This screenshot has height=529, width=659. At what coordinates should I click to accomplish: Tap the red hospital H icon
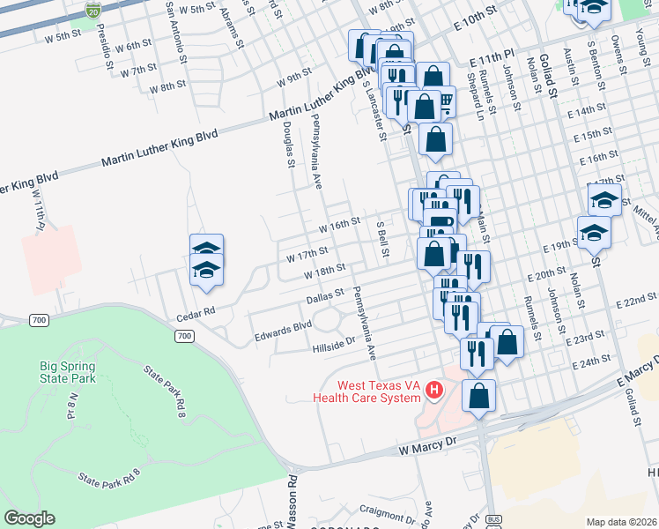click(x=433, y=389)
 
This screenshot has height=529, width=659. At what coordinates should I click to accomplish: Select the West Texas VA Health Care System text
click(x=367, y=391)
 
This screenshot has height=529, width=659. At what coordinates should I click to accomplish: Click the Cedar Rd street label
click(x=196, y=311)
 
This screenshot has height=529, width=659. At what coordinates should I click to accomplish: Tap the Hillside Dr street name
click(x=333, y=345)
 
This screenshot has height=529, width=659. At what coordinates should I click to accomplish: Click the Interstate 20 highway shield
click(x=93, y=10)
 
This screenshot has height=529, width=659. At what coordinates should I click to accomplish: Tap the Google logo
click(x=29, y=518)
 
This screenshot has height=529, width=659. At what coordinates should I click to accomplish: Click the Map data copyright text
click(x=622, y=522)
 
